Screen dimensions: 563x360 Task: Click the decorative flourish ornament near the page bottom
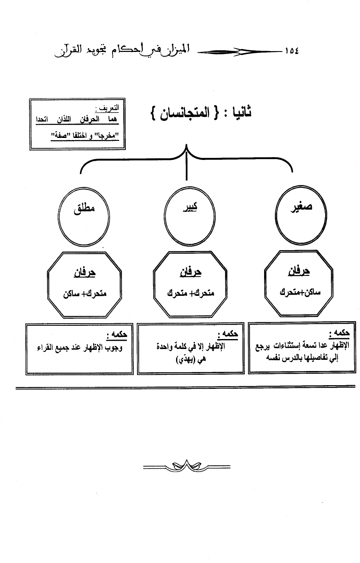pyautogui.click(x=186, y=467)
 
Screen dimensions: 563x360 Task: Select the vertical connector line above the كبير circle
pyautogui.click(x=187, y=166)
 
